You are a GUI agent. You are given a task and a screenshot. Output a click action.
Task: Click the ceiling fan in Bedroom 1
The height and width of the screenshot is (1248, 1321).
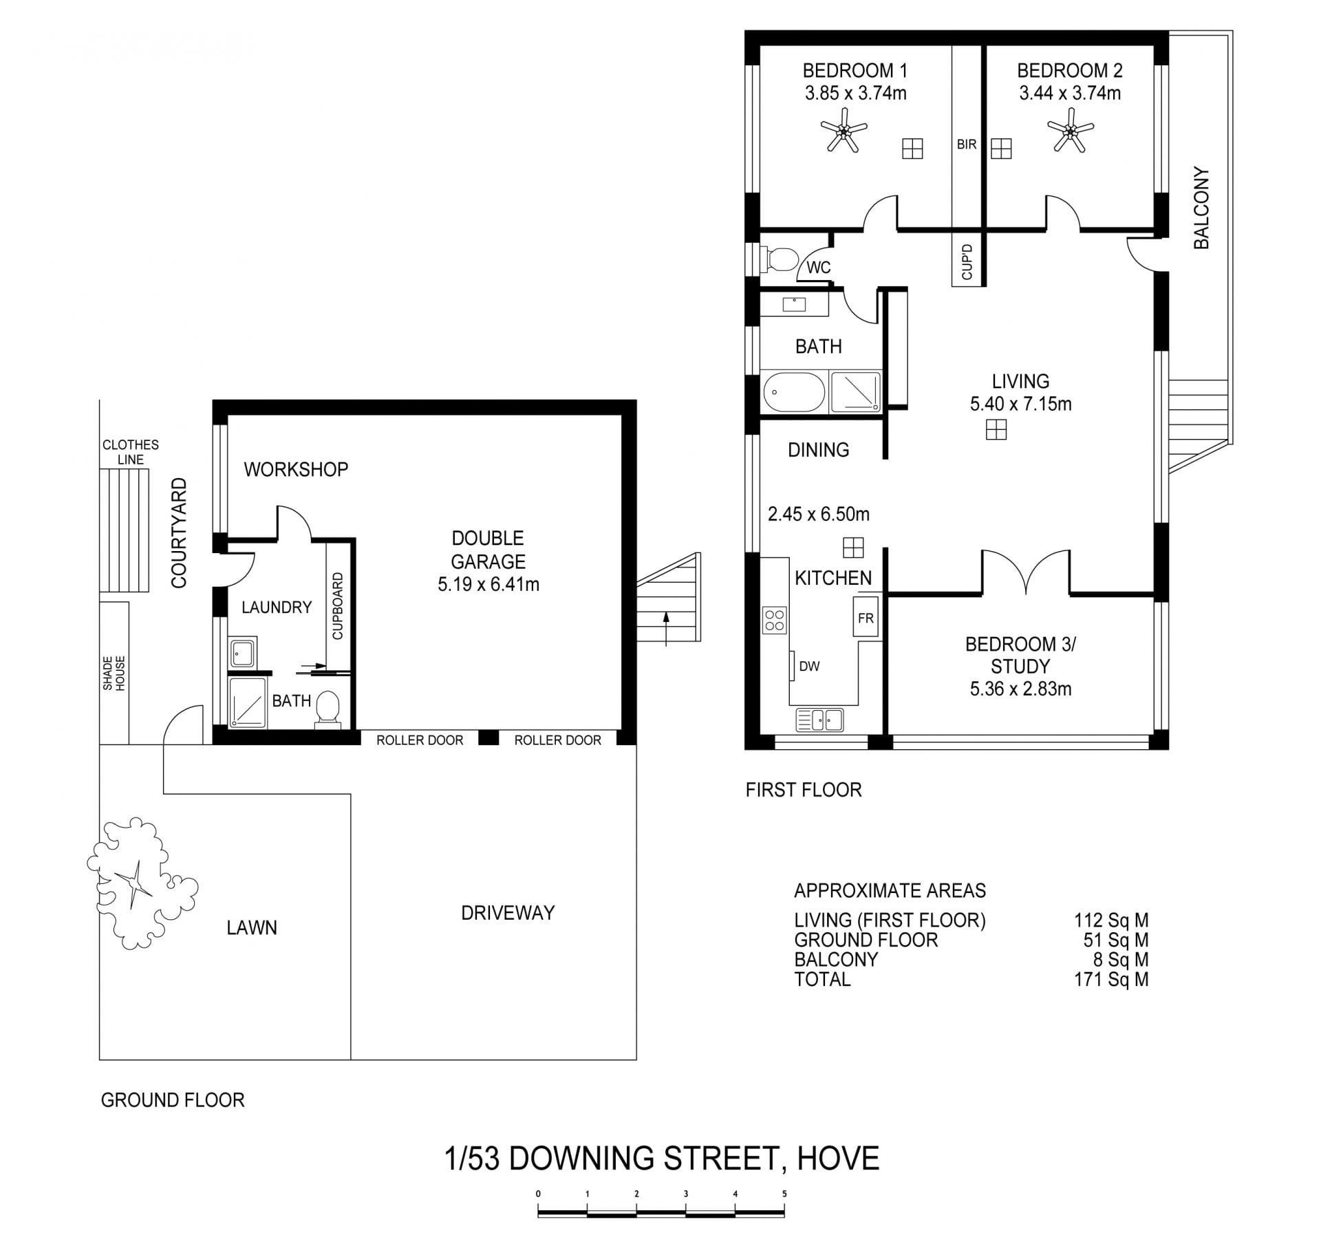click(x=843, y=129)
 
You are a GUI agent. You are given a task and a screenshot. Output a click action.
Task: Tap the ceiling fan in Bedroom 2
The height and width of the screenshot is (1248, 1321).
click(x=1070, y=129)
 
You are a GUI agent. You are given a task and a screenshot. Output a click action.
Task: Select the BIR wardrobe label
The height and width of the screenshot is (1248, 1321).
click(x=967, y=144)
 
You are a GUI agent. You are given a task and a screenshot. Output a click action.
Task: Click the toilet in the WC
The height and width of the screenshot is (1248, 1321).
click(x=780, y=259)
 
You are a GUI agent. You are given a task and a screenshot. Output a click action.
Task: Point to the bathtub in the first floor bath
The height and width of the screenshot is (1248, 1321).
click(x=794, y=393)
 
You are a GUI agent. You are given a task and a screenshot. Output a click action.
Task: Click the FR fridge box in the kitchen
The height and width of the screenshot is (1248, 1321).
click(x=866, y=618)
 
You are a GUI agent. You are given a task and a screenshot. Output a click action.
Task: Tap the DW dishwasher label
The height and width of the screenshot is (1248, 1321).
click(x=809, y=666)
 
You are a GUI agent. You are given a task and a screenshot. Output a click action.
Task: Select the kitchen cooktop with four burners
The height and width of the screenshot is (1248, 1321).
click(x=775, y=620)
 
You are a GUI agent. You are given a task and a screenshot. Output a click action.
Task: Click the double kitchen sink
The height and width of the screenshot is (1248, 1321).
click(x=819, y=720)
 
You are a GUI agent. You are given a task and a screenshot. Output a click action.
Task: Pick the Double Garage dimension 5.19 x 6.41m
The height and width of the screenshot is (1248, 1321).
click(x=488, y=585)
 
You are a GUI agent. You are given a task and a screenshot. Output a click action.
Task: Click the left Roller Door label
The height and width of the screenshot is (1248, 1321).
click(x=420, y=740)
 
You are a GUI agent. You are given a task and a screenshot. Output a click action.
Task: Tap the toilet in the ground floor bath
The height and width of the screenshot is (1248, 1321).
click(x=327, y=709)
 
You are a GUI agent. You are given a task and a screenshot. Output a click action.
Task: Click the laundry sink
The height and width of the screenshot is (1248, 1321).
click(x=242, y=652)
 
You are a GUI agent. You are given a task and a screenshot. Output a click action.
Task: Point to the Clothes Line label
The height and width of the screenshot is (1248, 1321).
click(x=131, y=452)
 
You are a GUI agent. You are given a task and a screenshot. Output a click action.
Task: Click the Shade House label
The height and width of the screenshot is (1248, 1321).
click(x=114, y=674)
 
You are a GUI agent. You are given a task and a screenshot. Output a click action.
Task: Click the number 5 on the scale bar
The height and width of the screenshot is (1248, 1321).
click(x=784, y=1194)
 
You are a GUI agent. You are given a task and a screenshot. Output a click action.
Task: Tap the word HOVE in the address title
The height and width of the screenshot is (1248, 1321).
click(x=838, y=1159)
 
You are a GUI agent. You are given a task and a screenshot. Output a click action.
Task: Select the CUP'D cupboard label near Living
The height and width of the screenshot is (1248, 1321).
click(x=967, y=262)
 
